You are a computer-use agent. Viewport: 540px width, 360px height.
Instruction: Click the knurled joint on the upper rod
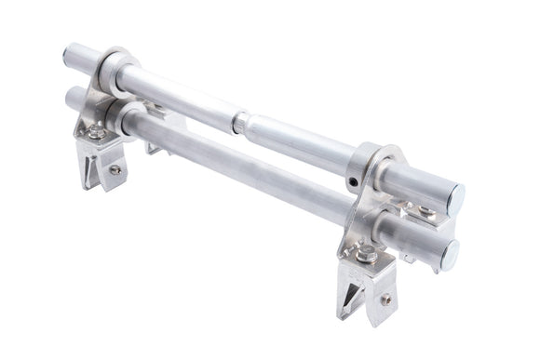coord(240,121)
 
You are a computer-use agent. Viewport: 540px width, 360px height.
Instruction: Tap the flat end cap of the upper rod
coord(455,197)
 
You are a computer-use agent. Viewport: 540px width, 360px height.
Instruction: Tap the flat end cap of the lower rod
coord(451,254)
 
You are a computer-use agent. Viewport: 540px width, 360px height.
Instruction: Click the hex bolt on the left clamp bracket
coord(95,132)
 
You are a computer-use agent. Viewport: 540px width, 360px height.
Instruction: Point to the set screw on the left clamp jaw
coord(115,169)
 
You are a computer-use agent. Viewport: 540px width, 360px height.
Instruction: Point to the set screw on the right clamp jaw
coord(385,300)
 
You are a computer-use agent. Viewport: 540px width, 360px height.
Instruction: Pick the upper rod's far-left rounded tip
coord(67,53)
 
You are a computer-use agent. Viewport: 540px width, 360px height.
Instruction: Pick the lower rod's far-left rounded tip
coord(69,96)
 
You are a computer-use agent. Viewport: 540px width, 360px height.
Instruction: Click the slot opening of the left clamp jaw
coord(90,168)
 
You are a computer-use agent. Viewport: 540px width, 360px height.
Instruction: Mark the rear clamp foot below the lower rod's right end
coord(407,258)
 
